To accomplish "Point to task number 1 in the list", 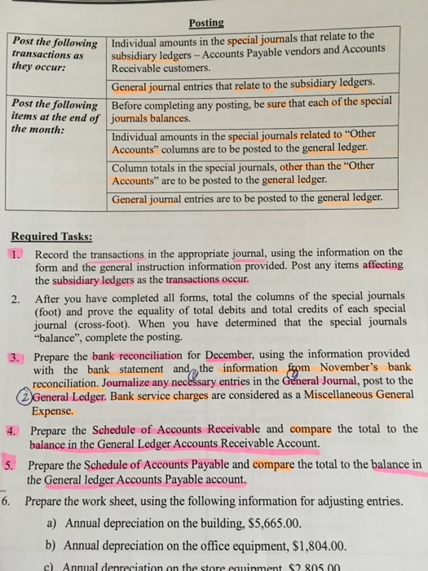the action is pos(18,253).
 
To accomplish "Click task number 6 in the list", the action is pos(8,500).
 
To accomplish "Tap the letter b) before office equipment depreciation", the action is pos(54,546).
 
